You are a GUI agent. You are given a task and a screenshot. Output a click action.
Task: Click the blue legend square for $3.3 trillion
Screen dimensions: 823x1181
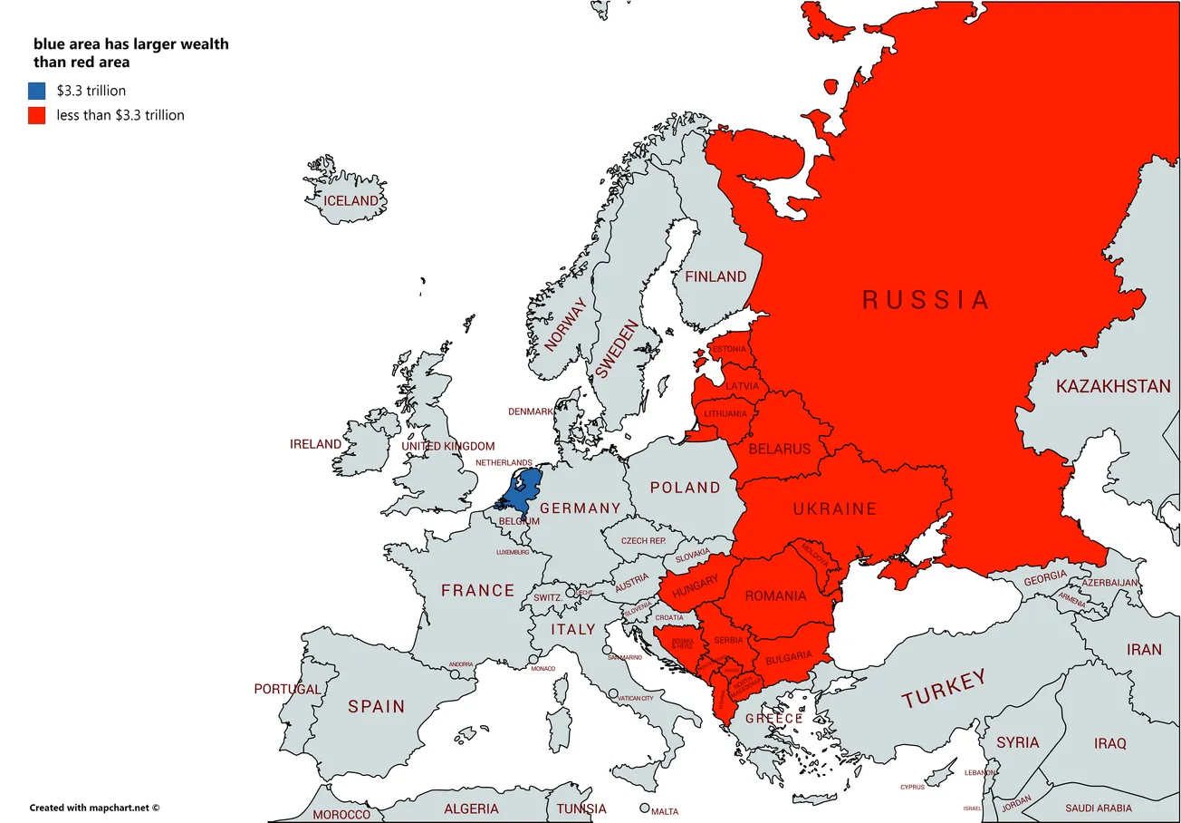pyautogui.click(x=36, y=91)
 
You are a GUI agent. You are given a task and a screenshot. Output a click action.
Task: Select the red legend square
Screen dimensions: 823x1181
pyautogui.click(x=36, y=115)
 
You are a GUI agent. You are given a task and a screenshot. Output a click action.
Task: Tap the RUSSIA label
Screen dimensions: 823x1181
pyautogui.click(x=925, y=300)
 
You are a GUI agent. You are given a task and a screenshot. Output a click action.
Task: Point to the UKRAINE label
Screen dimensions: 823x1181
pyautogui.click(x=834, y=509)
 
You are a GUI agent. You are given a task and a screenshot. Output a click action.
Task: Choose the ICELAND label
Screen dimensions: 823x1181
pyautogui.click(x=350, y=200)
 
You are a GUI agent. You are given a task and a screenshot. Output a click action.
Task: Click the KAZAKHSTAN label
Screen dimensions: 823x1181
pyautogui.click(x=1113, y=387)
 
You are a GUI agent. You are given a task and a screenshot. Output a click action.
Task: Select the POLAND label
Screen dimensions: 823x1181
pyautogui.click(x=685, y=488)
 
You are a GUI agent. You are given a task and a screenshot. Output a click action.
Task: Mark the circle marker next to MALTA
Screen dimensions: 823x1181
pyautogui.click(x=644, y=808)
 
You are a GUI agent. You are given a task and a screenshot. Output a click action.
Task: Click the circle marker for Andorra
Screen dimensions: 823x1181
pyautogui.click(x=455, y=673)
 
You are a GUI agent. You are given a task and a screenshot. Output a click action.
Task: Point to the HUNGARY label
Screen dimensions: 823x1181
pyautogui.click(x=695, y=586)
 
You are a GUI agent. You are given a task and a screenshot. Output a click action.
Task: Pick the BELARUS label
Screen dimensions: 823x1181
pyautogui.click(x=779, y=449)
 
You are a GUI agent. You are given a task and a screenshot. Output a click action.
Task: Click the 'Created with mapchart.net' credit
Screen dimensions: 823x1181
pyautogui.click(x=93, y=807)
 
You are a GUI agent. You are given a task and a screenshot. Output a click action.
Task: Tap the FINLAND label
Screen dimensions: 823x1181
pyautogui.click(x=715, y=276)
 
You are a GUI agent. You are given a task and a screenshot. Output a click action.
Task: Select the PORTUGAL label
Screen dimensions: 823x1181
pyautogui.click(x=287, y=689)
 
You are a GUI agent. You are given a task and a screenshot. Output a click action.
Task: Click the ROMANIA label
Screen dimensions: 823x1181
pyautogui.click(x=774, y=596)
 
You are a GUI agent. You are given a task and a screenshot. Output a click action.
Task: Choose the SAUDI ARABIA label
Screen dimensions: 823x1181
pyautogui.click(x=1098, y=808)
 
